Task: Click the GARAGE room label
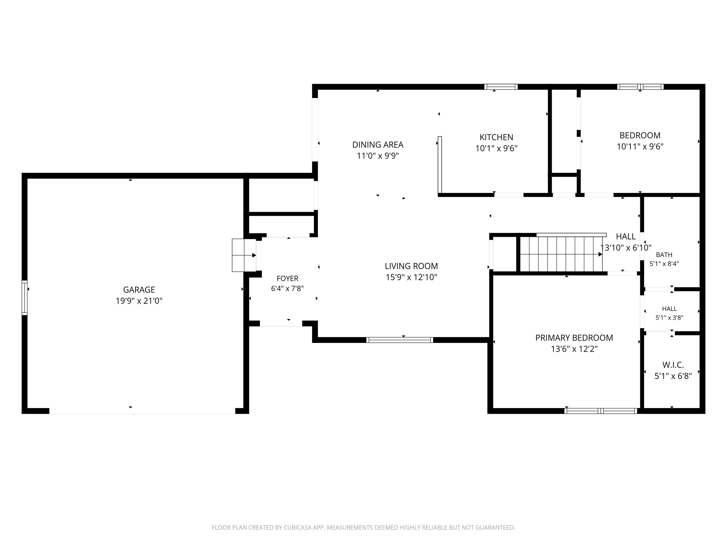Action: pos(139,290)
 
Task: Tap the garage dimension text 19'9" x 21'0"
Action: pos(139,301)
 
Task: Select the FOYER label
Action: pos(287,278)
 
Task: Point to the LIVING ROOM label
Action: pos(411,266)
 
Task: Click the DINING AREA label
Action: pos(378,145)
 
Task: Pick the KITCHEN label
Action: pos(496,137)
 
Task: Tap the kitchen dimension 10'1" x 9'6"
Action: pos(496,148)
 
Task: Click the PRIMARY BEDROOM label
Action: pos(574,338)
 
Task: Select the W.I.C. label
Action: pos(673,365)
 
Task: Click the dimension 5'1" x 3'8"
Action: pos(669,318)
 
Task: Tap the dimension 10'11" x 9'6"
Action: pos(640,146)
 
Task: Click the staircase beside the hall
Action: pos(561,254)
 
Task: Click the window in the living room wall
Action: pos(400,340)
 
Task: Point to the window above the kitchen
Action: pos(501,87)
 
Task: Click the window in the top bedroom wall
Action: pos(640,87)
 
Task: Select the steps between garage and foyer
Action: pos(244,255)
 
